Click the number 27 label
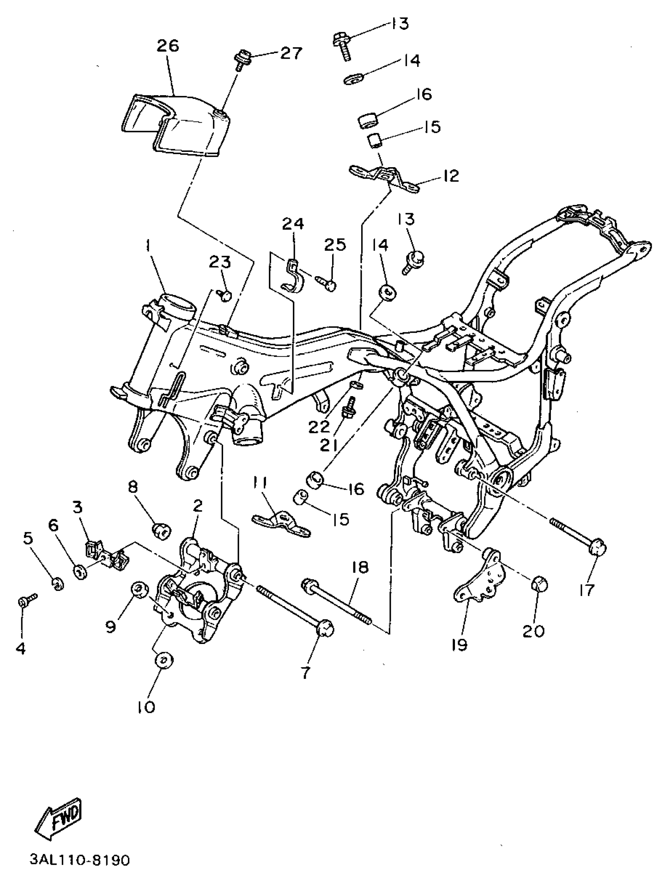point(291,53)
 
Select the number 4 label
point(21,648)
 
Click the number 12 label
point(451,175)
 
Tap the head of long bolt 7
point(325,629)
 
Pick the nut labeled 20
point(540,584)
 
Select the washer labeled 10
point(164,660)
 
